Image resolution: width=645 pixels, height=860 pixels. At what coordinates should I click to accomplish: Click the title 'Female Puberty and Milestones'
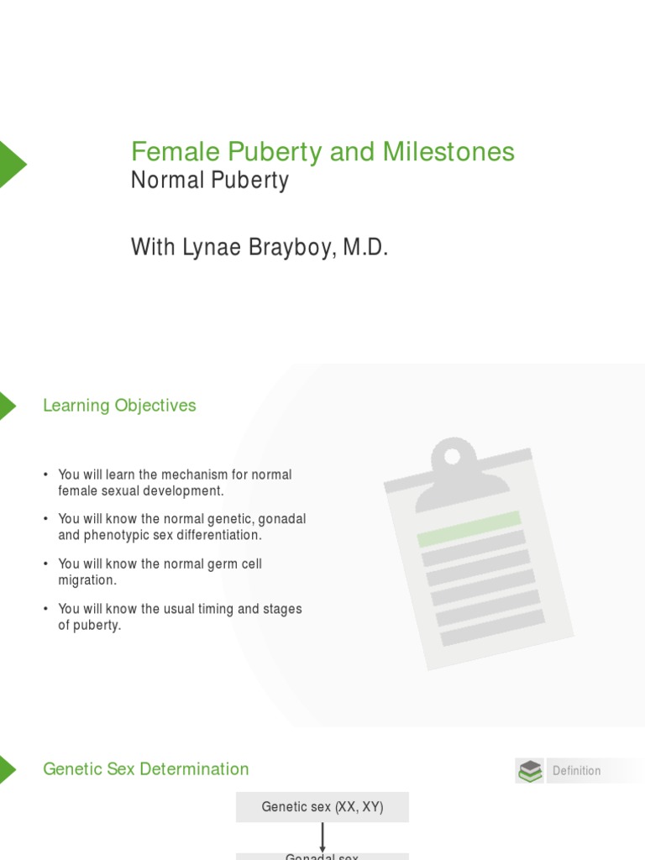[x=322, y=152]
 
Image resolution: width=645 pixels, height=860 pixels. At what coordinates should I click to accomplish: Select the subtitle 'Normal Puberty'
[x=209, y=181]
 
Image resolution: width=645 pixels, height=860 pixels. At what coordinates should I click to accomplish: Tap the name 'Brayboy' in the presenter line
[x=291, y=248]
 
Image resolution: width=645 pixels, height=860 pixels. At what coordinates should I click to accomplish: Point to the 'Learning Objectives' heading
[x=119, y=406]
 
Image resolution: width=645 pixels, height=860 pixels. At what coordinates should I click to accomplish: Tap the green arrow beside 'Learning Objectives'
[x=7, y=406]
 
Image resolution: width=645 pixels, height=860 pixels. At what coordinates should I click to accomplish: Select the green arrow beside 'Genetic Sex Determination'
[x=7, y=769]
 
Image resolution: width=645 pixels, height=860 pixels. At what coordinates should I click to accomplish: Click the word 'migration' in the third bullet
[x=87, y=580]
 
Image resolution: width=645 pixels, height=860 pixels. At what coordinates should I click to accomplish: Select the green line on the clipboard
[x=469, y=529]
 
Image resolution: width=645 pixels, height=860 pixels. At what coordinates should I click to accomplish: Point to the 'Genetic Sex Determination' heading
[x=146, y=769]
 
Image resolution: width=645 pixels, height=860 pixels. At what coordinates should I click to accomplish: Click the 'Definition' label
[x=576, y=771]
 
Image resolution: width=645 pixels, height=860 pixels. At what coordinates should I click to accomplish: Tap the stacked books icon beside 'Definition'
[x=530, y=771]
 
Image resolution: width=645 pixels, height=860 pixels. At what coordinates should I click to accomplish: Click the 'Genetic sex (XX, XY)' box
[x=322, y=807]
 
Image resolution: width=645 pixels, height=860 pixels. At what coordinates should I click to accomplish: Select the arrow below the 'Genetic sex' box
[x=322, y=837]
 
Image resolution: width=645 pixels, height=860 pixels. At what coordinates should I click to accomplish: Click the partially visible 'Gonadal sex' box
[x=322, y=856]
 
